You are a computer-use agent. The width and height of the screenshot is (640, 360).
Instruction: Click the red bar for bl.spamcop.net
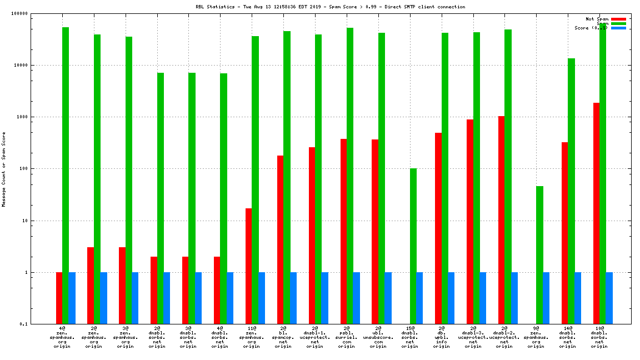(x=280, y=239)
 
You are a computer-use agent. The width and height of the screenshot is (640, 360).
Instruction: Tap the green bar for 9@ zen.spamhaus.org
(x=539, y=255)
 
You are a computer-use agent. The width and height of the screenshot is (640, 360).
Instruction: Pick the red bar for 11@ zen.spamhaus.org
(x=248, y=266)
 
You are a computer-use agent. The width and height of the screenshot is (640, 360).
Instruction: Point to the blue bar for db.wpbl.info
(x=451, y=298)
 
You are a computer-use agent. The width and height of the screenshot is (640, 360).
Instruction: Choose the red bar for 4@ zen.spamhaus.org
(x=59, y=298)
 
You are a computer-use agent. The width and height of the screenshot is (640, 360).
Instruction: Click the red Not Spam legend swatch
(x=618, y=19)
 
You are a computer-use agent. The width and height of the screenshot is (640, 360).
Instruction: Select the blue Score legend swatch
(x=618, y=28)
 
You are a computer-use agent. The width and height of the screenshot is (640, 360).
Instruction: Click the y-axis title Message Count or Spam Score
(x=4, y=169)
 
